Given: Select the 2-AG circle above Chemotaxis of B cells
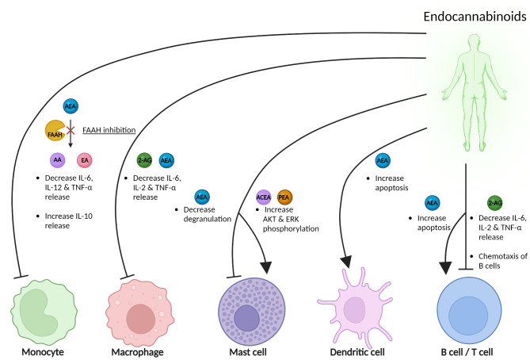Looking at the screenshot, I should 495,202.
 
